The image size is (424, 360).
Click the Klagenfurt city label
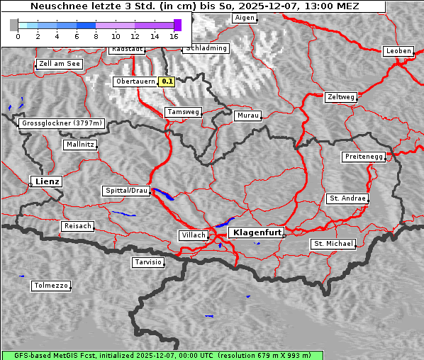click(256, 232)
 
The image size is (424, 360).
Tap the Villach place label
click(193, 235)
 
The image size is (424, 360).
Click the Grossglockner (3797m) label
click(62, 123)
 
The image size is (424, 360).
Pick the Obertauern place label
click(135, 81)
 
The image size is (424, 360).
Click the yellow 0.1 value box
click(167, 81)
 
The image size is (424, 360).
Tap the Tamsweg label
click(184, 112)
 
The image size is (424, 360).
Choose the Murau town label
click(248, 115)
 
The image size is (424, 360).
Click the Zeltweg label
click(341, 97)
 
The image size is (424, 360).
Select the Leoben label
click(398, 51)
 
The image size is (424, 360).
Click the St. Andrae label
click(347, 198)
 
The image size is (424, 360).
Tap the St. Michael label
click(333, 244)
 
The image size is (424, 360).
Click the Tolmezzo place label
click(51, 286)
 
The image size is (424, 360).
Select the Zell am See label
click(60, 64)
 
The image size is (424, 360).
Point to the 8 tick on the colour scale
click(96, 35)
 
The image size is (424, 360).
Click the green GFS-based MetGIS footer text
click(157, 355)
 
